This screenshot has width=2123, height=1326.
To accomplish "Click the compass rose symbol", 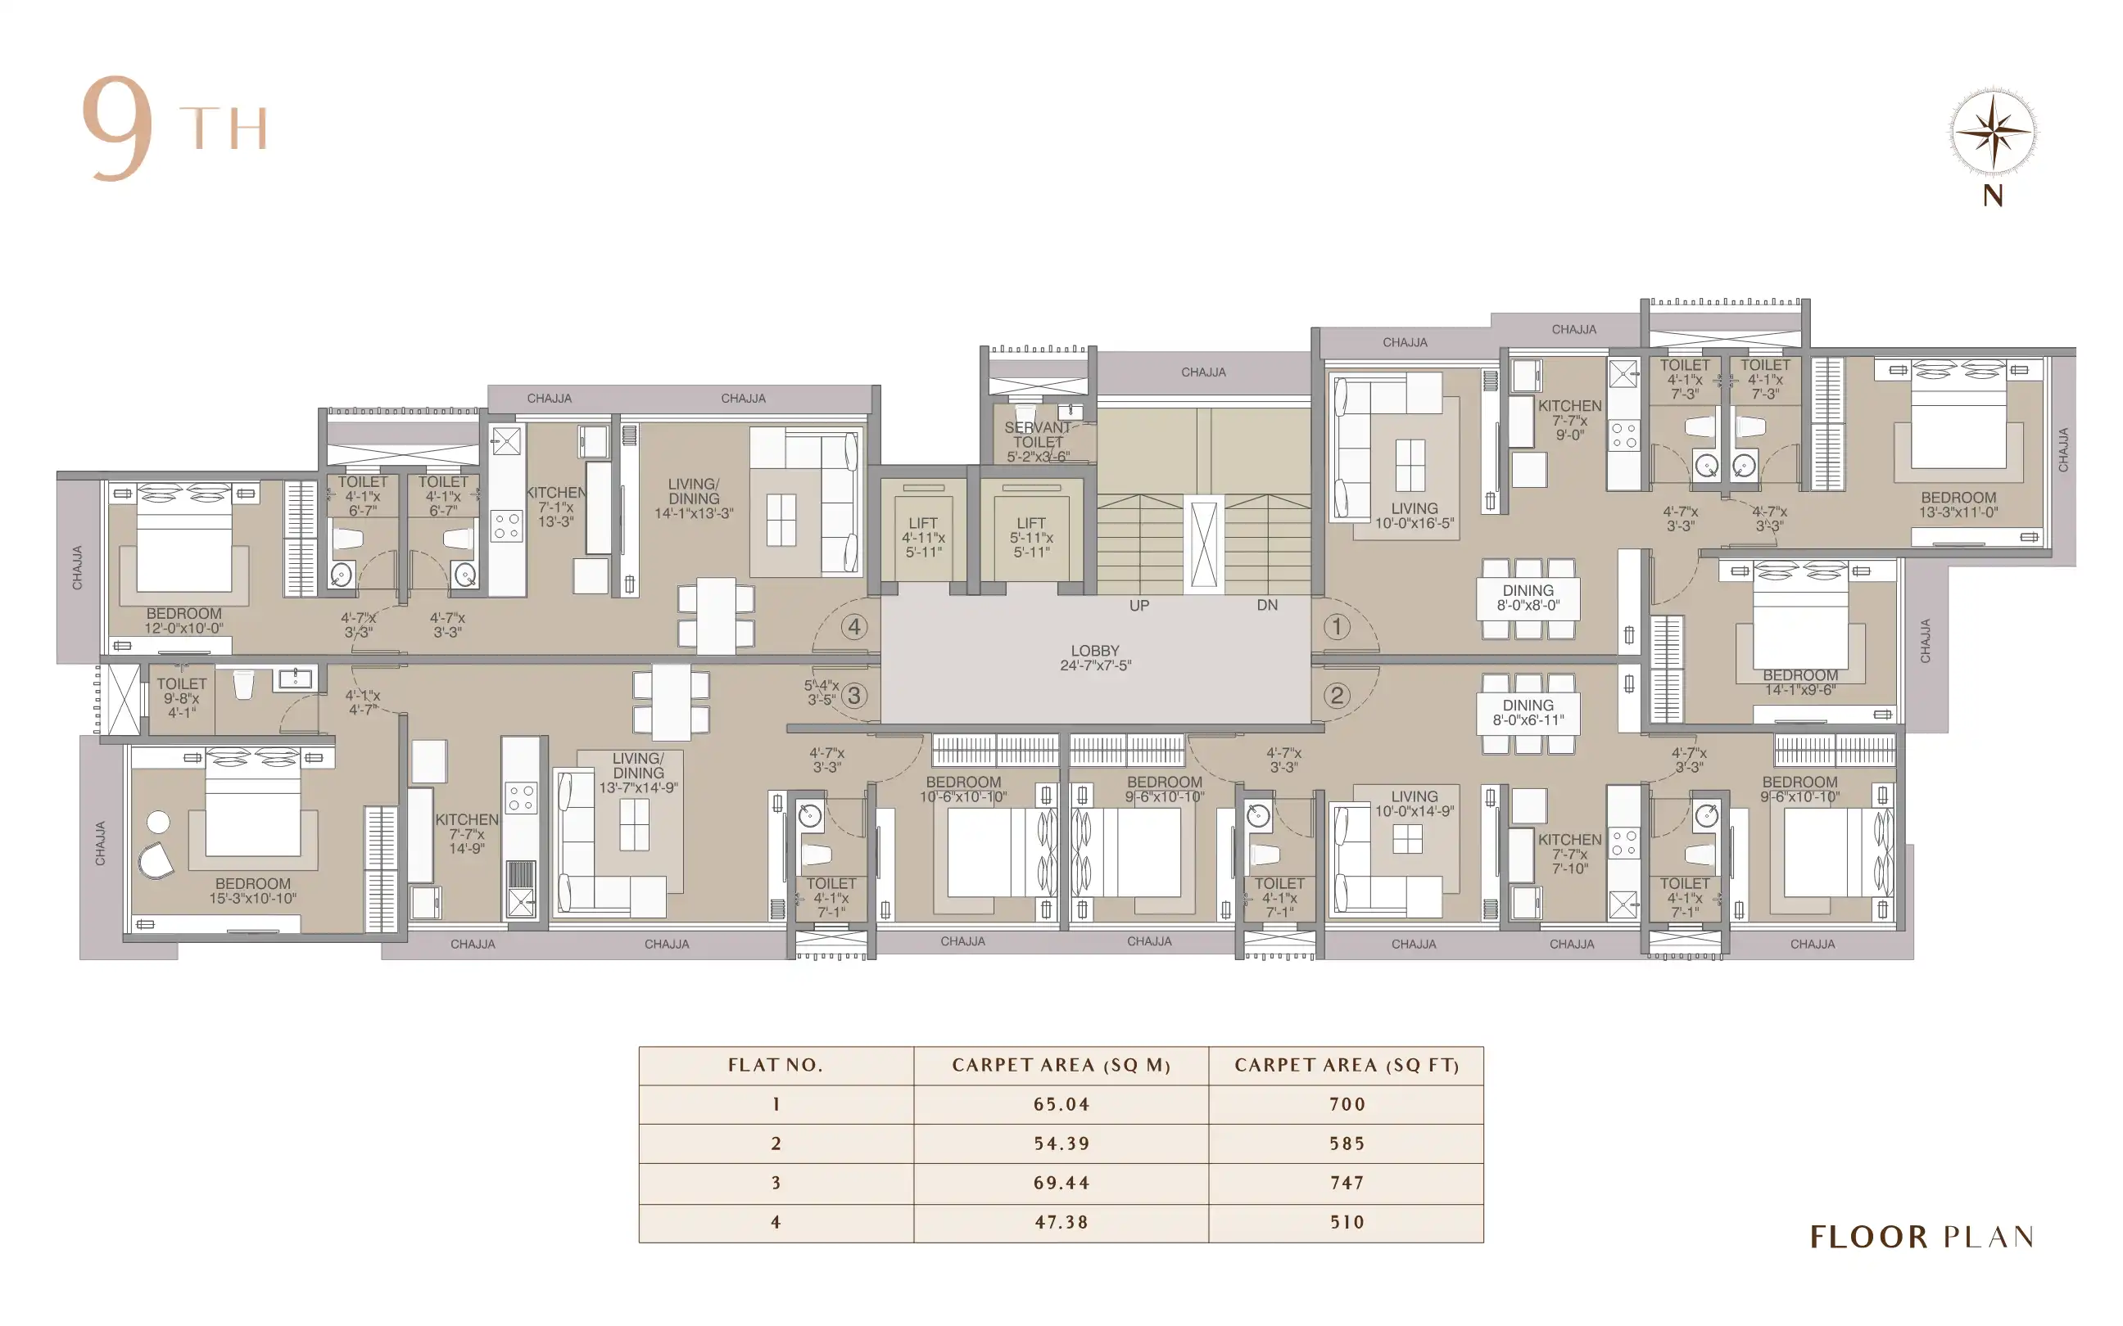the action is [x=1992, y=133].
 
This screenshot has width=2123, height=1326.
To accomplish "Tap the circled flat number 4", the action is [x=853, y=626].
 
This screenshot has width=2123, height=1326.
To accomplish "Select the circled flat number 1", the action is [x=1336, y=626].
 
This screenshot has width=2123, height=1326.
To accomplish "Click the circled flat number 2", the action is [x=1336, y=696].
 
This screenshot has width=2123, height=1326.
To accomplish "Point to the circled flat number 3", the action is [x=853, y=696].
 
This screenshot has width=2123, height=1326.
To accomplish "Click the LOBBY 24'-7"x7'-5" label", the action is [x=1095, y=658].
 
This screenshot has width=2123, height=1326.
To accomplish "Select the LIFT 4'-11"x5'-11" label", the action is [x=923, y=538].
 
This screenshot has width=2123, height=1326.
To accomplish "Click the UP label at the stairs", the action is [x=1138, y=605].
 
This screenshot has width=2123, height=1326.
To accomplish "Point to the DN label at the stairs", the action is [x=1267, y=605].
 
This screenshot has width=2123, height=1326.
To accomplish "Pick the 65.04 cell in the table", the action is [x=1061, y=1104].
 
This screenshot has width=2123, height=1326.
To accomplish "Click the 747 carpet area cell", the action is [x=1347, y=1182].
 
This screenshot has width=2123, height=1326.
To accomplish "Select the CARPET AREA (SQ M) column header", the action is [x=1061, y=1066].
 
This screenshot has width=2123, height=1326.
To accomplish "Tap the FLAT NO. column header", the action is [x=776, y=1066].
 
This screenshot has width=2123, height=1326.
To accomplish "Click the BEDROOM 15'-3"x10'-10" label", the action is [x=252, y=891].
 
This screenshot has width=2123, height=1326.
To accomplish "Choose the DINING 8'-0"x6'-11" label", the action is [x=1528, y=712].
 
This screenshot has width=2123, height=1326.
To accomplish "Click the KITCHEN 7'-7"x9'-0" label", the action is [x=1569, y=420].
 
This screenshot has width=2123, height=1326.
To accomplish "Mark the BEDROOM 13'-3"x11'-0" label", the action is [x=1958, y=504].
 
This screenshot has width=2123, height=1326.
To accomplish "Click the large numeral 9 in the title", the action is [x=119, y=128].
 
